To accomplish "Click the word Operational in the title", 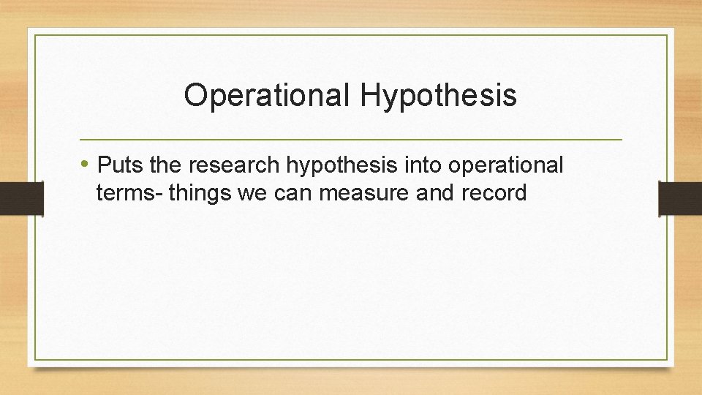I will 267,95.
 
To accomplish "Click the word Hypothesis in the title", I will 438,95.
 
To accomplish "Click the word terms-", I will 129,193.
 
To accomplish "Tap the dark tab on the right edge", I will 680,199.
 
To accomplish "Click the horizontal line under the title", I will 350,139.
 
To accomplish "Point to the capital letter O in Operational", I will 196,95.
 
